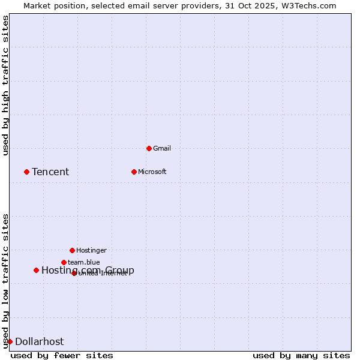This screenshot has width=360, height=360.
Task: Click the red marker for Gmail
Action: pyautogui.click(x=149, y=148)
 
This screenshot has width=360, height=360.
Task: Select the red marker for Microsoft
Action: pyautogui.click(x=134, y=172)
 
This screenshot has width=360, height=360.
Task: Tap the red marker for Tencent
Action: pyautogui.click(x=26, y=172)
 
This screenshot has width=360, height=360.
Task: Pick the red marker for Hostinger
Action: pyautogui.click(x=72, y=250)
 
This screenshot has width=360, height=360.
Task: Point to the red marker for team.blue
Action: pyautogui.click(x=64, y=262)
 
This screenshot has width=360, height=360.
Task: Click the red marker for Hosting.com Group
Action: pyautogui.click(x=36, y=270)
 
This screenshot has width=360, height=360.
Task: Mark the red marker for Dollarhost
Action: pyautogui.click(x=10, y=341)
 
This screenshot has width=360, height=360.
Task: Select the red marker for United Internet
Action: pyautogui.click(x=74, y=273)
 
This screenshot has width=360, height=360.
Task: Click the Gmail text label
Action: pyautogui.click(x=162, y=148)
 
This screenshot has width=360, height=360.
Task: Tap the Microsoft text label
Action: pyautogui.click(x=152, y=172)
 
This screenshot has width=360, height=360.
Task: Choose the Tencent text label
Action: pyautogui.click(x=50, y=172)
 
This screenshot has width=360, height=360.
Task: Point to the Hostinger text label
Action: pyautogui.click(x=91, y=250)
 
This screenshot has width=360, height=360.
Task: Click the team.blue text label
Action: pyautogui.click(x=84, y=262)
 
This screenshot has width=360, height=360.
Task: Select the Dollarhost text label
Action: pyautogui.click(x=39, y=342)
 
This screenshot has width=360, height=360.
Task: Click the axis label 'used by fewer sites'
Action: pyautogui.click(x=62, y=355)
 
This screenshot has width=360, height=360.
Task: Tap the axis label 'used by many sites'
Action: pyautogui.click(x=301, y=355)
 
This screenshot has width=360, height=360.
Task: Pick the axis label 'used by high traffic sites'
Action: pyautogui.click(x=6, y=85)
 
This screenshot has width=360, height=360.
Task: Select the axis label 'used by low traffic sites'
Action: pyautogui.click(x=6, y=280)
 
